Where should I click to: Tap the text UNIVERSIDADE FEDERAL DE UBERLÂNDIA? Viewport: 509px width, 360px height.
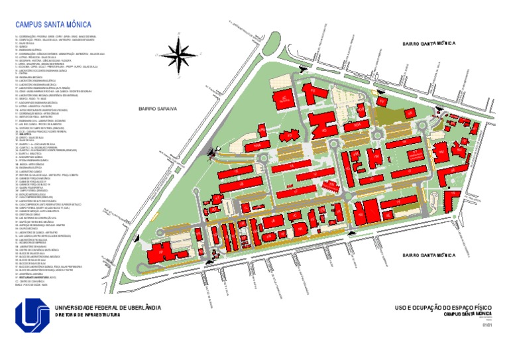107,308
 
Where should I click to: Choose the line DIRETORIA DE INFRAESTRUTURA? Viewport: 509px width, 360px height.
87,315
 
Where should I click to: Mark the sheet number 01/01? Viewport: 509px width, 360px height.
488,325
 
